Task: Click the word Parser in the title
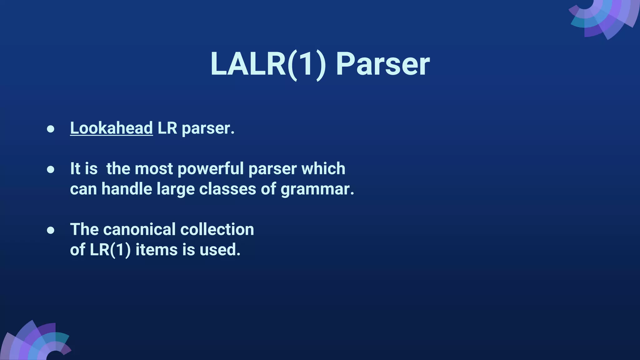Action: point(382,64)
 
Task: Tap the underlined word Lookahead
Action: point(111,128)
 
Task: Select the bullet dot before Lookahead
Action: point(51,129)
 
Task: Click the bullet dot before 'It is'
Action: point(51,169)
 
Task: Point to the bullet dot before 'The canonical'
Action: point(51,230)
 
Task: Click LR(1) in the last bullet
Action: point(110,250)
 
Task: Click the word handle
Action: point(127,189)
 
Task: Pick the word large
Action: point(175,189)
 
